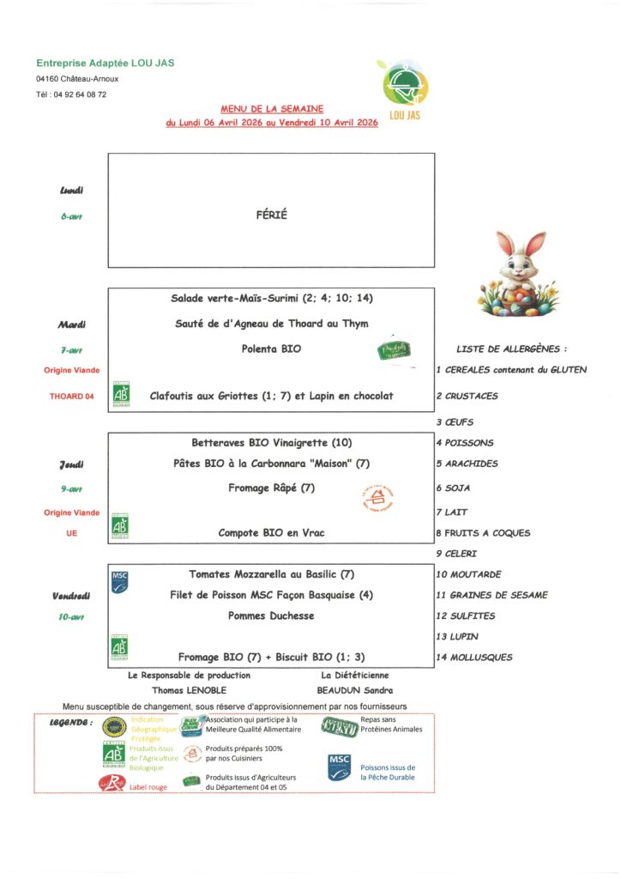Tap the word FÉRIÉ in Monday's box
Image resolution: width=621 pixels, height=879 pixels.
coord(271,215)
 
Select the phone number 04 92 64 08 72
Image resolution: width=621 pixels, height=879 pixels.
coord(71,94)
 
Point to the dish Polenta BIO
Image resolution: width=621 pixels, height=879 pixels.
coord(270,349)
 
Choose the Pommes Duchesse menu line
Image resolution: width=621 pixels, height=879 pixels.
coord(271,615)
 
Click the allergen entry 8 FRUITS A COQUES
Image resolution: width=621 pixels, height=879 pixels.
coord(483,533)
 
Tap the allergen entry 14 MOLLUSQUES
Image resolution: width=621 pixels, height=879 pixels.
coord(474,658)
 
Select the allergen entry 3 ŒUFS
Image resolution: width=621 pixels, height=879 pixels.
coord(455,422)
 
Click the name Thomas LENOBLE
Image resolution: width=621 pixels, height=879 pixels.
coord(189,689)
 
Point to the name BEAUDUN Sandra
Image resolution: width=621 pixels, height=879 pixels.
coord(357,689)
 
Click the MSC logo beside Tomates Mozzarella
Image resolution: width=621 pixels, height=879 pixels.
coord(120,579)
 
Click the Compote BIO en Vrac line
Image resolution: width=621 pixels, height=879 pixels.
coord(270,533)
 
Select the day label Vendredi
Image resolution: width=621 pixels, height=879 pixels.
coord(71,595)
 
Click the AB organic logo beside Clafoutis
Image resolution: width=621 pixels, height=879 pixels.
coord(121,393)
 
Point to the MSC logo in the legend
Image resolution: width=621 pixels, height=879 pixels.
coord(340,767)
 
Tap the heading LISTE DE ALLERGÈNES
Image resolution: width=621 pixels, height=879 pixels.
coord(512,349)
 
